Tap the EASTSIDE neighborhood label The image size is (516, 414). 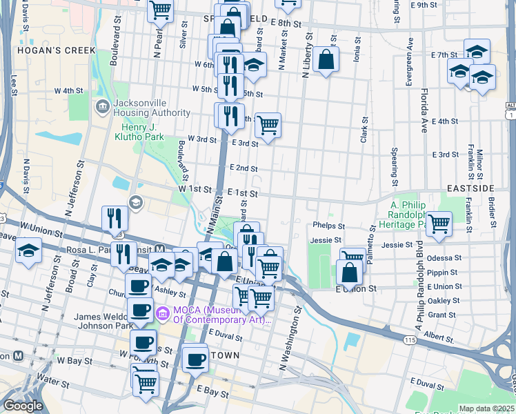pos(489,188)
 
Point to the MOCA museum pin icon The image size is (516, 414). pos(163,313)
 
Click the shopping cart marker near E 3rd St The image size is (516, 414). pos(268,125)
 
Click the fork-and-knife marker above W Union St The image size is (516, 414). pos(115,218)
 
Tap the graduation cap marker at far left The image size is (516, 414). pos(28,250)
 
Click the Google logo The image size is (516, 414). pos(23,406)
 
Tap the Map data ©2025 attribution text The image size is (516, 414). pos(486,408)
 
